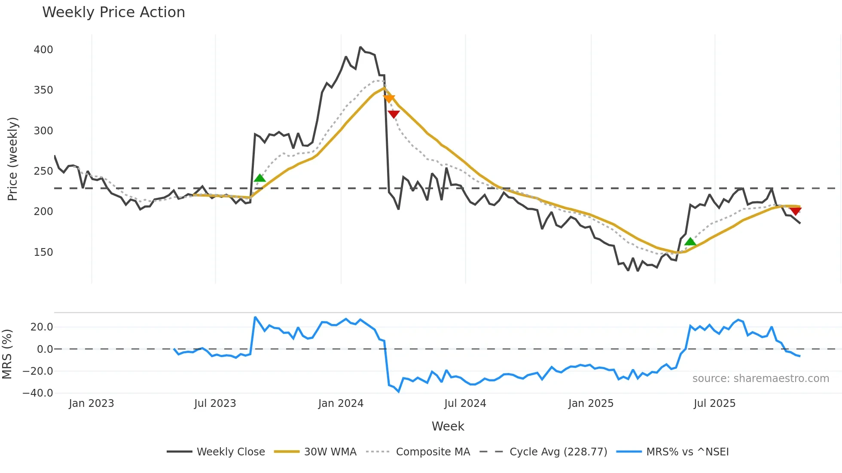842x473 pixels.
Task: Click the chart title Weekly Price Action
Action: (x=113, y=12)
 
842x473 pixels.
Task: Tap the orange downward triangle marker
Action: (x=389, y=99)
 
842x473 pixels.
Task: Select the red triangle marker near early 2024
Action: (x=394, y=114)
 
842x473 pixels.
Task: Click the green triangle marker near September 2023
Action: (x=259, y=178)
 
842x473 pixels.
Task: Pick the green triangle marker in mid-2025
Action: (x=690, y=242)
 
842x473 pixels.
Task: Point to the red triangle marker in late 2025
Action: (x=796, y=211)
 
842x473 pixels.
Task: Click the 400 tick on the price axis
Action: (x=43, y=50)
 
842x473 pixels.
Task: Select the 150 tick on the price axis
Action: (x=43, y=252)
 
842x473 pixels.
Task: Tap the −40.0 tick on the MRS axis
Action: (x=38, y=393)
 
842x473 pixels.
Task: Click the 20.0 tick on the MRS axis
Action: (x=42, y=327)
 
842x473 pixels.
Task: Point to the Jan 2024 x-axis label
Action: (x=341, y=403)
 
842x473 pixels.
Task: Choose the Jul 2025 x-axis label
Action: (x=714, y=403)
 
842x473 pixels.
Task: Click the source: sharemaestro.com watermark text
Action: (x=760, y=379)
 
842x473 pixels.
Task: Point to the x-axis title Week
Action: (x=448, y=426)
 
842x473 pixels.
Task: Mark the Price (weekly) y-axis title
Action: (x=12, y=159)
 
